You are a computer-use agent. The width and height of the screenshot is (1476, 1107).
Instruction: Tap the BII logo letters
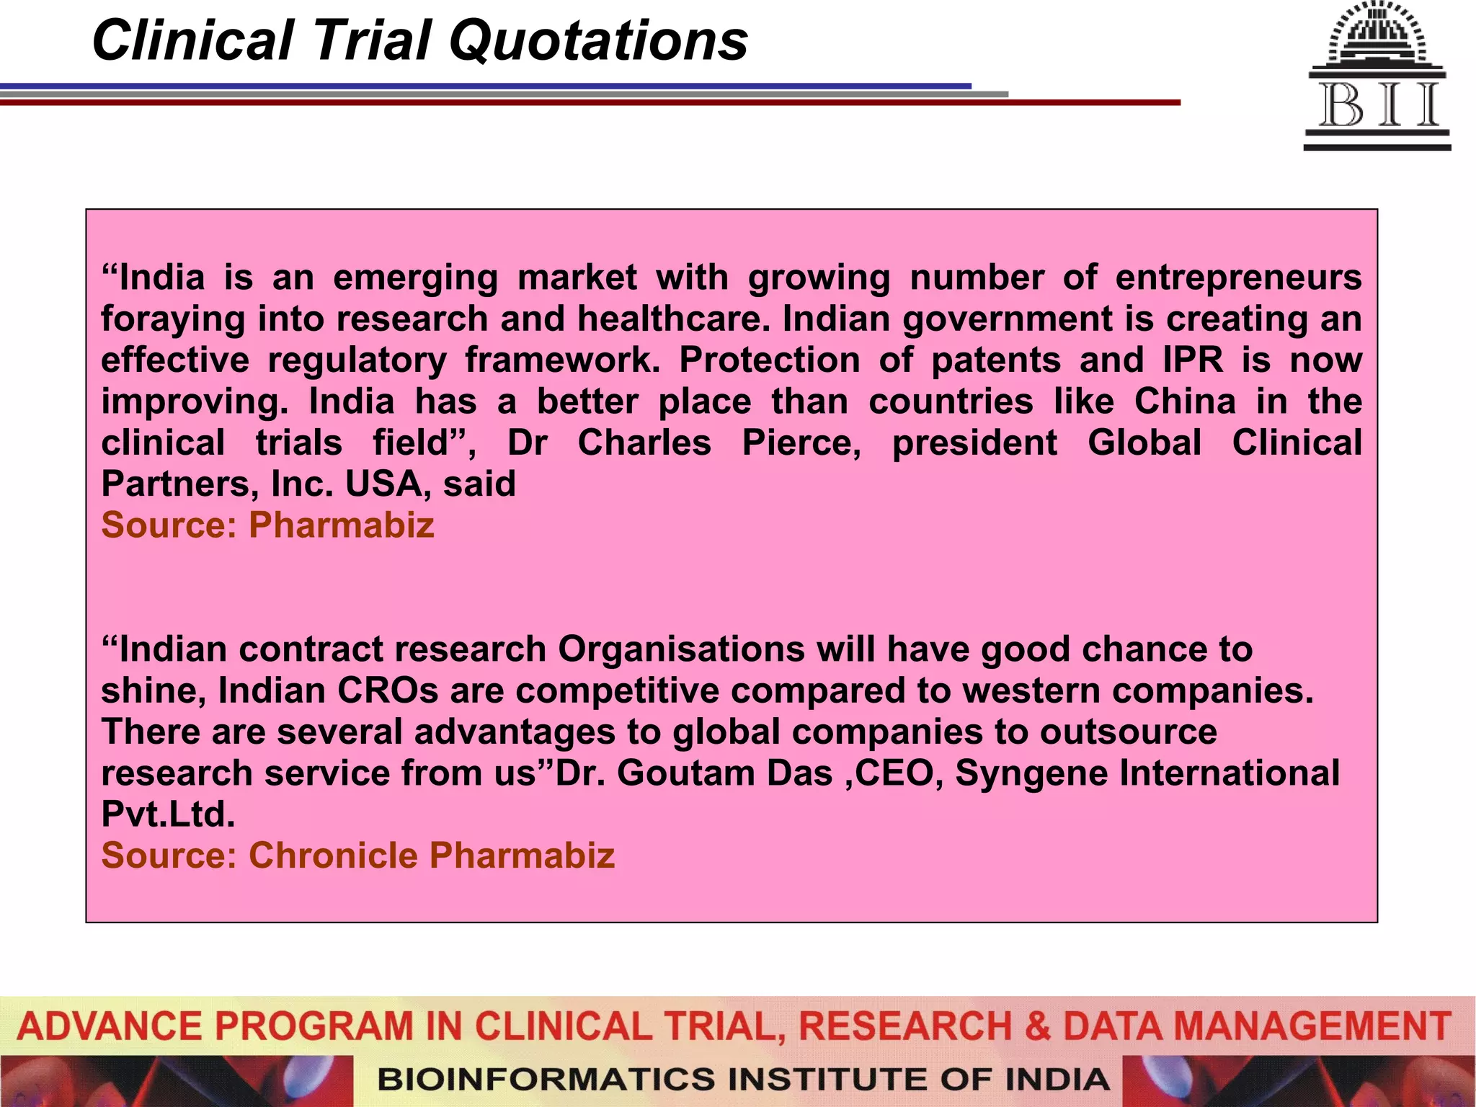pyautogui.click(x=1378, y=106)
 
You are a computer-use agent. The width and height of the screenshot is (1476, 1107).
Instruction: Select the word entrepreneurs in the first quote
pyautogui.click(x=1238, y=277)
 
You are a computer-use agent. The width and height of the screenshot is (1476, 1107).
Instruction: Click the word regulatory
pyautogui.click(x=357, y=360)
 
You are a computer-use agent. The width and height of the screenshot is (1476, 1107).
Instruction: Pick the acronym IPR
pyautogui.click(x=1193, y=360)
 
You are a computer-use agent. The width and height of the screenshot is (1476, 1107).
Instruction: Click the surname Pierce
pyautogui.click(x=801, y=443)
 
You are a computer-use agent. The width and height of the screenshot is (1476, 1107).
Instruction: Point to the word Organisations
pyautogui.click(x=681, y=649)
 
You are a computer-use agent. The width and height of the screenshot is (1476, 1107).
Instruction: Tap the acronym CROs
pyautogui.click(x=388, y=690)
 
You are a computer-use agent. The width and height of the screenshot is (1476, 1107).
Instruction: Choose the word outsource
pyautogui.click(x=1129, y=732)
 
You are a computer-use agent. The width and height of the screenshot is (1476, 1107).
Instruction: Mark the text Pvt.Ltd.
pyautogui.click(x=168, y=814)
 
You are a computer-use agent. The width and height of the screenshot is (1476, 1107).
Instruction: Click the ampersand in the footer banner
pyautogui.click(x=1037, y=1026)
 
